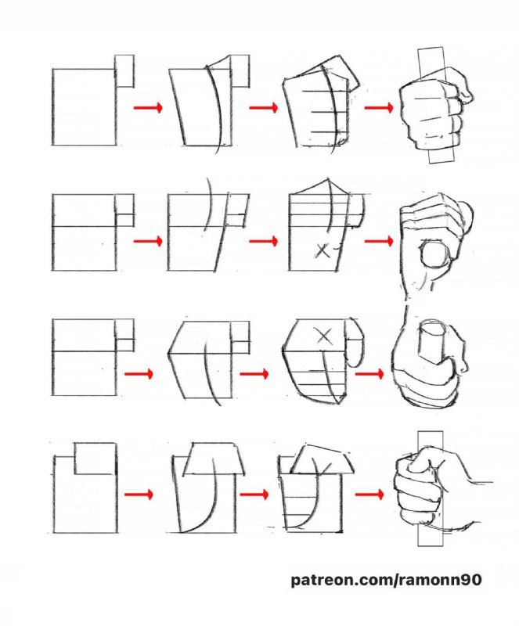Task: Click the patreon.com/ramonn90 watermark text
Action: (386, 580)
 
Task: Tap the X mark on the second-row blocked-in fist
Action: (323, 250)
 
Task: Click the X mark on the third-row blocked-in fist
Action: (324, 336)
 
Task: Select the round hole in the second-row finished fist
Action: (434, 254)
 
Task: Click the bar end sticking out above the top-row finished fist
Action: (431, 63)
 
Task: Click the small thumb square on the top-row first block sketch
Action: (124, 71)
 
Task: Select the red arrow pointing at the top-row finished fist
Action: (379, 107)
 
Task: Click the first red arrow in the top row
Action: (148, 107)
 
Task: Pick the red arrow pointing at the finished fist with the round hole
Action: (379, 241)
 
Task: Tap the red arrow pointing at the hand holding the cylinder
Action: (369, 374)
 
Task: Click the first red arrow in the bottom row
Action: (139, 495)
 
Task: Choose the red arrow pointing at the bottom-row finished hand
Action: (369, 495)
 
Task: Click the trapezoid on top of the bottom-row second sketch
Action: (214, 459)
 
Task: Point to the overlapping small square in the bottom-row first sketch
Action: (96, 459)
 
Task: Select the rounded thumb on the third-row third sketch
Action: (355, 344)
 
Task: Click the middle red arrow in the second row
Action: (263, 241)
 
